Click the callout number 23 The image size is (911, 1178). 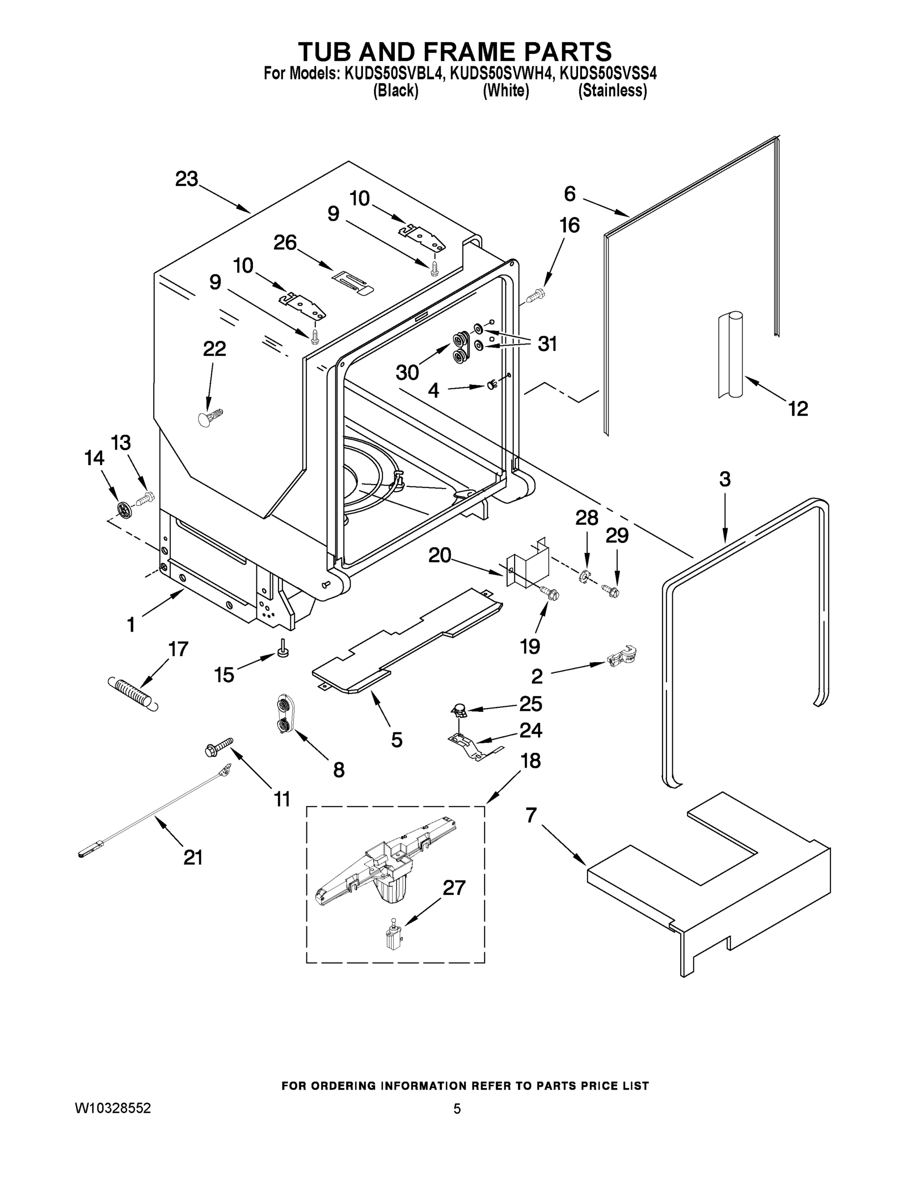187,179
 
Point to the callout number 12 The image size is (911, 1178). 798,409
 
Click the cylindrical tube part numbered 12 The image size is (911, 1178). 730,356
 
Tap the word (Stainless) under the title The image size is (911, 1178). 612,91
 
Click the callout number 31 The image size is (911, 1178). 547,344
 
